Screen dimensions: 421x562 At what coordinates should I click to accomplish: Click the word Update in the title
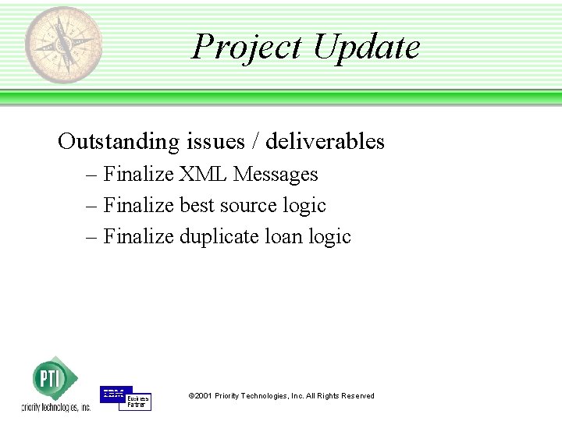tap(366, 47)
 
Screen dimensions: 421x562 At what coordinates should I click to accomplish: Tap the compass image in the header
tap(62, 44)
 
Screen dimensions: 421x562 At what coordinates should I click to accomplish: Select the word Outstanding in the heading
tap(119, 141)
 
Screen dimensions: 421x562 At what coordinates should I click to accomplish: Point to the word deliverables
tap(325, 141)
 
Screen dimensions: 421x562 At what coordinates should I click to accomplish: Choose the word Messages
tap(276, 174)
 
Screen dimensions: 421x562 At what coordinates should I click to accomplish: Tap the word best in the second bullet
tap(197, 205)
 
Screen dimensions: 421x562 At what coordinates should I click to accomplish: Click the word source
tap(249, 205)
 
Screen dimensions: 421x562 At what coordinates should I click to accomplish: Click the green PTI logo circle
tap(50, 379)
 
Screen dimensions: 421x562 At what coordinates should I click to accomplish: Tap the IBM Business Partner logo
tap(125, 398)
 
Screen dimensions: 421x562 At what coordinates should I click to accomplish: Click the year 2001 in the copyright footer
tap(203, 396)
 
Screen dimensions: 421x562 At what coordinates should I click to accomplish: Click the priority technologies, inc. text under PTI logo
tap(55, 407)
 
